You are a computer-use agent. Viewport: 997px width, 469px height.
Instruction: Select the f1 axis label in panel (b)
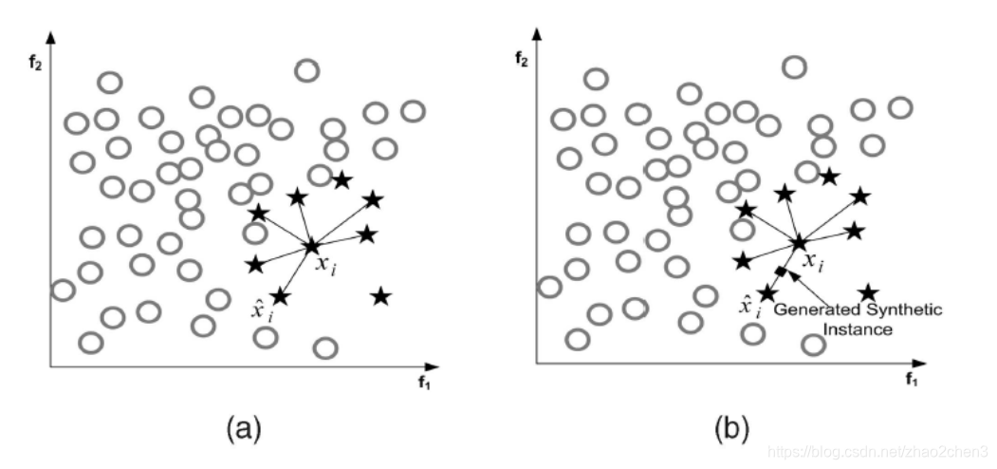tap(911, 381)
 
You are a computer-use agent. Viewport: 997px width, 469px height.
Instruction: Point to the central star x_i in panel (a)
tap(311, 247)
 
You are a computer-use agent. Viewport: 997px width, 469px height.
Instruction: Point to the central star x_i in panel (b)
tap(799, 243)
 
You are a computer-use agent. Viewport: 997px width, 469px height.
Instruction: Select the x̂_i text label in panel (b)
tap(749, 306)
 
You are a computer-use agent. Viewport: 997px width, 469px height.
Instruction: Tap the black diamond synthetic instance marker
tap(781, 272)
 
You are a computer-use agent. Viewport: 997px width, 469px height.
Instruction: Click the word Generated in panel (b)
tap(814, 310)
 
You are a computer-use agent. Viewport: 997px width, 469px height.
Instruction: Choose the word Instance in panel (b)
tap(860, 330)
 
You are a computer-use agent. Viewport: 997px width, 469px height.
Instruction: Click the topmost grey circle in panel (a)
tap(306, 69)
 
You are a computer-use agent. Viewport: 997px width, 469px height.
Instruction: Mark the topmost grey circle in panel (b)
tap(794, 66)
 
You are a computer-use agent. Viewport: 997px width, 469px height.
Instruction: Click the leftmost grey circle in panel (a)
tap(63, 290)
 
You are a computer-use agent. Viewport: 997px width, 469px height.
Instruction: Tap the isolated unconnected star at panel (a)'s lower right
tap(380, 297)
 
